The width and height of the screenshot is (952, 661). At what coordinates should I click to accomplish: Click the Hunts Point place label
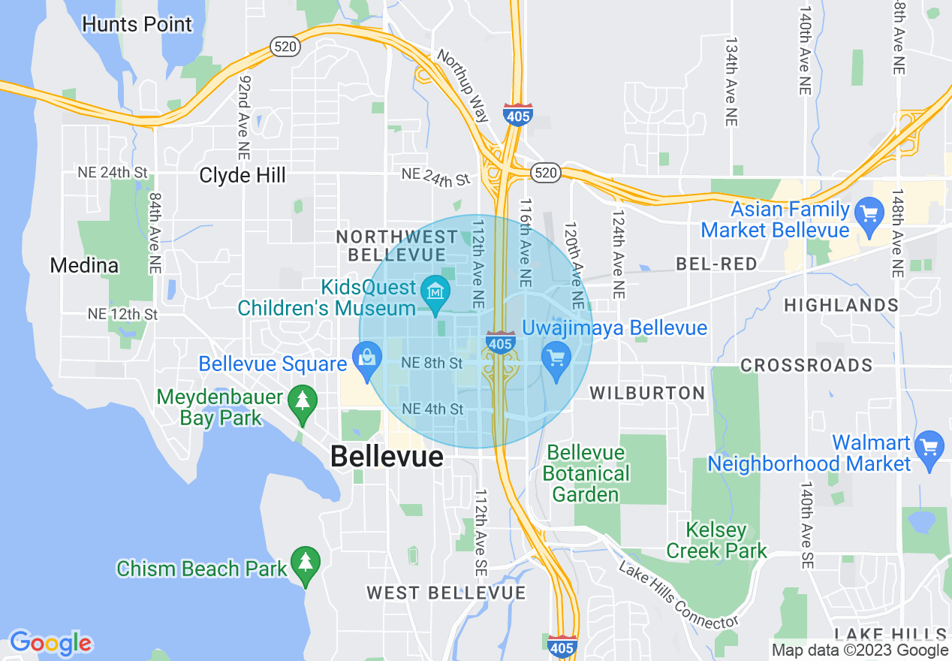tap(137, 24)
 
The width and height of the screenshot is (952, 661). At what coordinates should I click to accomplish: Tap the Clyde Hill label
tap(243, 176)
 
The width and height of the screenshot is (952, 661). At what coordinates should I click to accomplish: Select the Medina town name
tap(84, 265)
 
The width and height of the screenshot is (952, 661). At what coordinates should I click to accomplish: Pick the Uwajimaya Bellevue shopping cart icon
tap(556, 358)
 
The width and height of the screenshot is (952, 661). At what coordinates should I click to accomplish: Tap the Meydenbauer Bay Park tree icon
tap(302, 401)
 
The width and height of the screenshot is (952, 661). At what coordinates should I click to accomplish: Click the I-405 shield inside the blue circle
tap(500, 343)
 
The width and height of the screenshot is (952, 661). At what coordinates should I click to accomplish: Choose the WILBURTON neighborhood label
tap(647, 393)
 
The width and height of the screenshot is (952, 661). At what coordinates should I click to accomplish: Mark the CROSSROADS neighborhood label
tap(806, 366)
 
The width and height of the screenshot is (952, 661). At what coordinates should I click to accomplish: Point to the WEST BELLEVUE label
tap(446, 593)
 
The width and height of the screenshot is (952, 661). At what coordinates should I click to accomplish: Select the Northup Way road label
tap(462, 85)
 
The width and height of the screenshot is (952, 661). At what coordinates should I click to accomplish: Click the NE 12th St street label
tap(122, 314)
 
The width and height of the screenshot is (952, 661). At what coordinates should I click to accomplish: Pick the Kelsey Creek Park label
tap(717, 540)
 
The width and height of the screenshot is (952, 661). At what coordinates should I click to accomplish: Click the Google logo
tap(50, 643)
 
